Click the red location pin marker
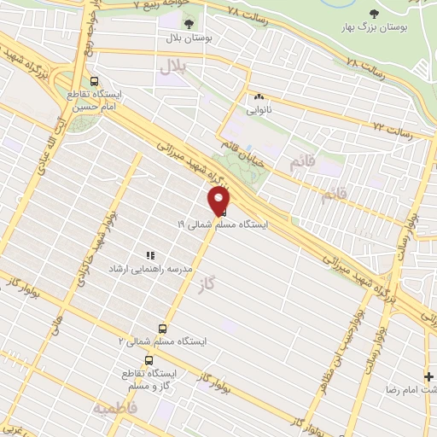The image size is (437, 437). tap(218, 201)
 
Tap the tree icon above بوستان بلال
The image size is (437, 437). tap(188, 22)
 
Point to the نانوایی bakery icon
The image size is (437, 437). tap(257, 96)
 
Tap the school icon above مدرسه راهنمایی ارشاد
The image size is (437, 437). tap(150, 254)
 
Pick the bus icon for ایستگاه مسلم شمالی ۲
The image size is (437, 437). tap(162, 328)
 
